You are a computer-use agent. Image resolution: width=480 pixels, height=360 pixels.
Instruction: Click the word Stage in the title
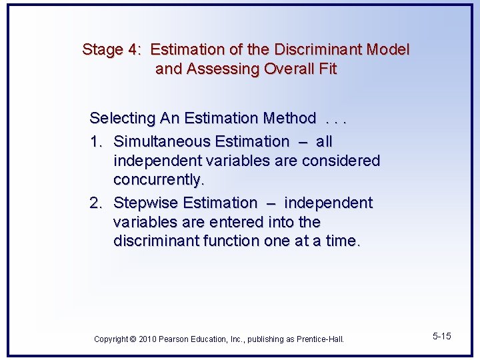coord(103,49)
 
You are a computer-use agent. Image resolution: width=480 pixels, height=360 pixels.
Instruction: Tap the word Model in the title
coord(388,49)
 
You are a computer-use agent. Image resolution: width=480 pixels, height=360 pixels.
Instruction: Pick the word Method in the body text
coord(289,119)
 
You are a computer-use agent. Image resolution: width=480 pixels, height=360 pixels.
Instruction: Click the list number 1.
coord(96,142)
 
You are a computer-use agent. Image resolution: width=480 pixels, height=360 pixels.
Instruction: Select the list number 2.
coord(96,203)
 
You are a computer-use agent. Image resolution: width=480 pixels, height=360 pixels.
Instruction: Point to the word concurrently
coord(157,180)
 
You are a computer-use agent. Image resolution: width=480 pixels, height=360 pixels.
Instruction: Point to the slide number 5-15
coord(441,336)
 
